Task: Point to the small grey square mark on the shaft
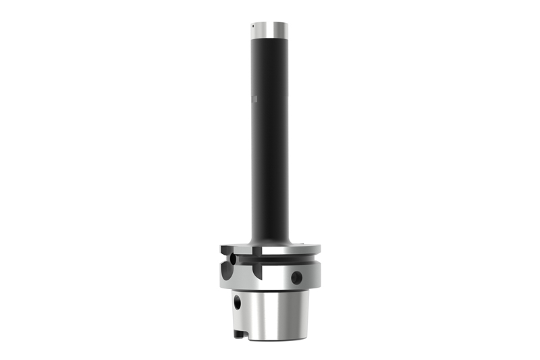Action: click(x=255, y=101)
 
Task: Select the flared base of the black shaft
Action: click(x=270, y=241)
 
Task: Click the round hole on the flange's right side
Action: click(x=296, y=277)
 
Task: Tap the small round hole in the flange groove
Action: click(x=233, y=259)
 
